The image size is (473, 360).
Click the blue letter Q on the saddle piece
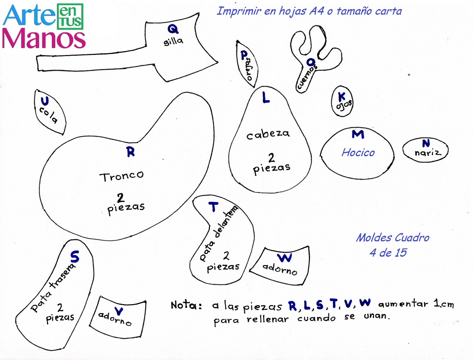click(173, 29)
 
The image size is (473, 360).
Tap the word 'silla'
click(174, 41)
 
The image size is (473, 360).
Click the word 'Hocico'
click(358, 152)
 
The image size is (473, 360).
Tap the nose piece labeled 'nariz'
click(426, 151)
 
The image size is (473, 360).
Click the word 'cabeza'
click(268, 134)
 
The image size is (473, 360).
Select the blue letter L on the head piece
click(266, 97)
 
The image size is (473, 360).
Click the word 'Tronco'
click(122, 176)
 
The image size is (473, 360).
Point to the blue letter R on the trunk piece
click(131, 152)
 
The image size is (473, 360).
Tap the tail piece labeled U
click(50, 112)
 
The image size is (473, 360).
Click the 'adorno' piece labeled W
click(281, 266)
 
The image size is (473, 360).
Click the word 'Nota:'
click(186, 305)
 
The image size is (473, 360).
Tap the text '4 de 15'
click(388, 253)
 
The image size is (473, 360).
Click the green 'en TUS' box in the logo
click(70, 17)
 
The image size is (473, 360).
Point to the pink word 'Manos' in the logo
click(44, 39)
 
